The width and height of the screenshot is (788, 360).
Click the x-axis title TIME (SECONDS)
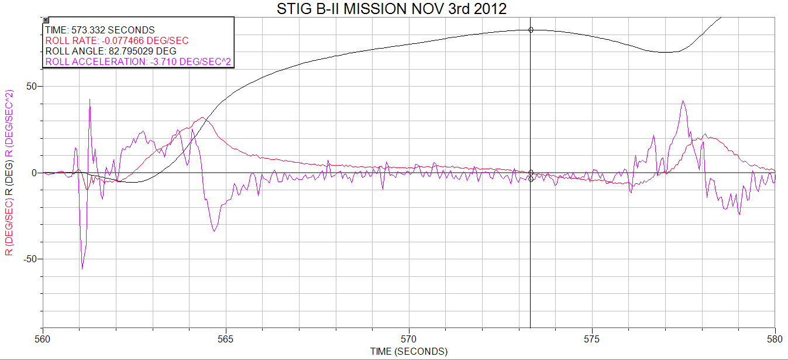click(408, 351)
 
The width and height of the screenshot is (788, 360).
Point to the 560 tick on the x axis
click(43, 338)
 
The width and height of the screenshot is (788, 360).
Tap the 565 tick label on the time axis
click(226, 338)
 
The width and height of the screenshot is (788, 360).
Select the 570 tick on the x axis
click(409, 338)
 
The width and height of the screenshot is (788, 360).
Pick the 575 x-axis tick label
click(592, 338)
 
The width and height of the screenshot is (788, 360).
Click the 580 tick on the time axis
click(775, 338)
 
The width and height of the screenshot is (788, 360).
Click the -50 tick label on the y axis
click(29, 259)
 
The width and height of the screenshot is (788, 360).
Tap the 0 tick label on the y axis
click(35, 173)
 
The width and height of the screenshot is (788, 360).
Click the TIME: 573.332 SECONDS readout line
click(99, 30)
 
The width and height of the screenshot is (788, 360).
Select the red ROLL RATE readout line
click(116, 40)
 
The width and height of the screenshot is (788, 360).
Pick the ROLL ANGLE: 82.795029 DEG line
click(110, 51)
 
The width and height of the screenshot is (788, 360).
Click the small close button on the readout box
click(46, 20)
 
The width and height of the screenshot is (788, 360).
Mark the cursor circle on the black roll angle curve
click(531, 29)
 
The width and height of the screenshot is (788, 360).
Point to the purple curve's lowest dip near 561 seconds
click(82, 268)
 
